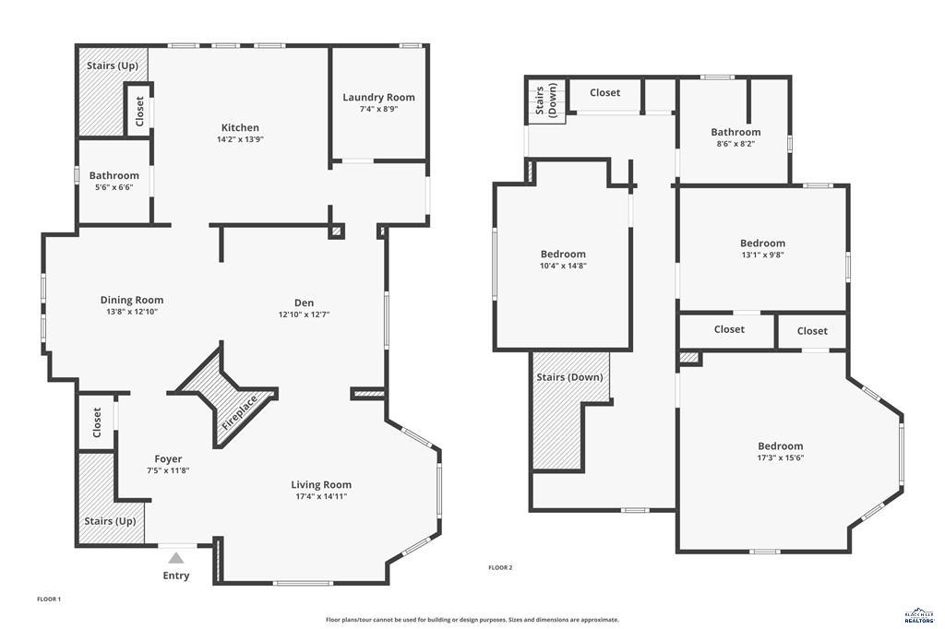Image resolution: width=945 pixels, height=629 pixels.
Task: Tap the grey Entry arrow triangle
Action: point(176,558)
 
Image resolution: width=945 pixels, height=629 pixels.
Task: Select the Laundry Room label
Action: point(378,97)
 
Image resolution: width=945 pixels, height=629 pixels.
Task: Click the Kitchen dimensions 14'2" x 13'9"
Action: point(240,140)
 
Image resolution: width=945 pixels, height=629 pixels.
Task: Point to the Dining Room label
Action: point(132,300)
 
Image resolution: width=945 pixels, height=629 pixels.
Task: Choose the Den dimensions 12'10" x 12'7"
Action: point(304,314)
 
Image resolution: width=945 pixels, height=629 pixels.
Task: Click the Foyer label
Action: point(168,458)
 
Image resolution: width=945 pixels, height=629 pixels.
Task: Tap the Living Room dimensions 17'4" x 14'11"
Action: point(321,496)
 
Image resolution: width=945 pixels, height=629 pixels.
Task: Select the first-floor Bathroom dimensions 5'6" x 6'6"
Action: point(114,187)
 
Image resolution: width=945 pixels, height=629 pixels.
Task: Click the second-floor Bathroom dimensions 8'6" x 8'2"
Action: point(736,144)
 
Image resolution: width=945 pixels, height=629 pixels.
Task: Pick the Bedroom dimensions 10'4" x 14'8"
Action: point(563,266)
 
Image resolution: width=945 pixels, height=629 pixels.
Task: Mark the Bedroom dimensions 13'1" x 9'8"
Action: point(762,255)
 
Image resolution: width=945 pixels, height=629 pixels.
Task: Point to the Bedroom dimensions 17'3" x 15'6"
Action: point(780,457)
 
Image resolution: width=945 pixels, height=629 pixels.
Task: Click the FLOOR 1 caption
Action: point(49,599)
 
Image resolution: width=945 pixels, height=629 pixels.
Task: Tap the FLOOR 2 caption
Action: point(500,567)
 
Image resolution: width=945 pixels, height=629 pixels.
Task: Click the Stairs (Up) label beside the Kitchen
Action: point(113,66)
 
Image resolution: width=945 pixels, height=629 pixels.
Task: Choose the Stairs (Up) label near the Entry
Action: point(111,521)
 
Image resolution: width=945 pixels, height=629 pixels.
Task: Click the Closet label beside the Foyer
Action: point(97,422)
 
